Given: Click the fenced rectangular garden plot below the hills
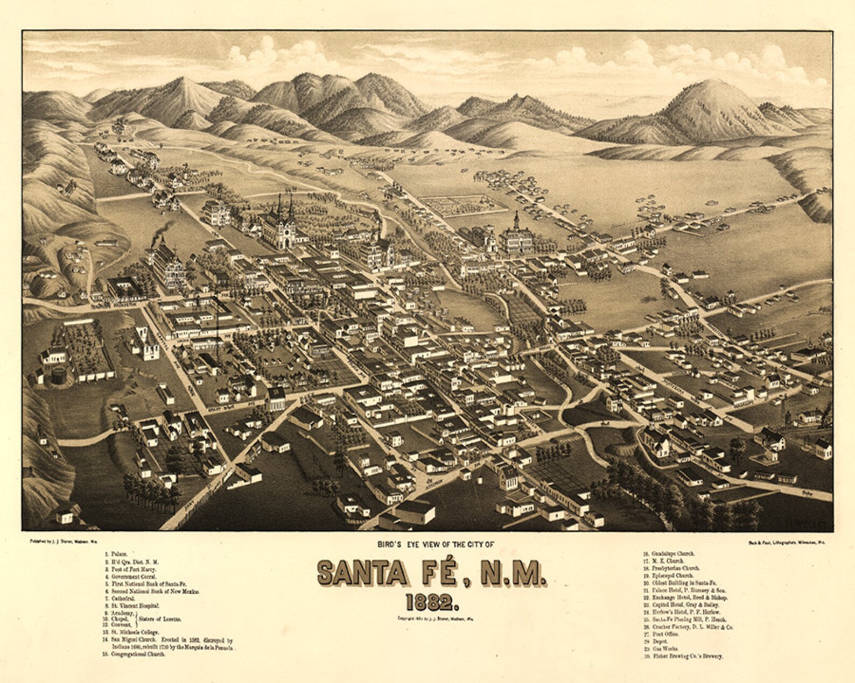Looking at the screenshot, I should coord(463,205).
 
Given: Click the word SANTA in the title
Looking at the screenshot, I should coord(362,574).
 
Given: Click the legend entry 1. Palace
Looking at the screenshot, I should coord(116,553).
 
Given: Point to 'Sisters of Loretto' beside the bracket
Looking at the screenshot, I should coord(159,620).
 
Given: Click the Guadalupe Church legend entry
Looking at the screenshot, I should coord(669,553).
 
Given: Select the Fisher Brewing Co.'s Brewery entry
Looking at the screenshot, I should coord(683,657).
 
